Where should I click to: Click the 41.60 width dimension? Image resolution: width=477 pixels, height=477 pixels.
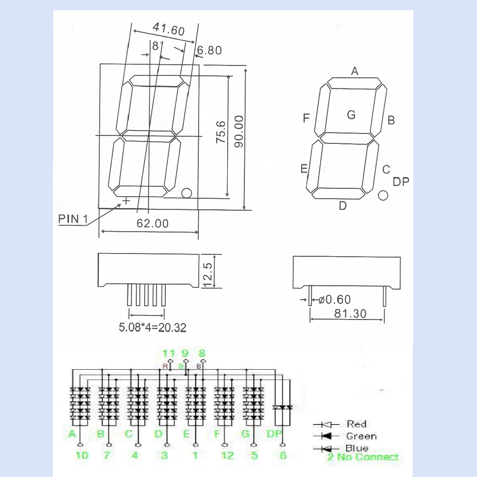coord(169,29)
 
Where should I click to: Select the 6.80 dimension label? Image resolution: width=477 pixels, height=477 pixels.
coord(209,50)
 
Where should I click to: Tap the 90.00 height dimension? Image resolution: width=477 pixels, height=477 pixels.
coord(238,132)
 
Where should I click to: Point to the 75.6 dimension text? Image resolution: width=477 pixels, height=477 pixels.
coord(221,132)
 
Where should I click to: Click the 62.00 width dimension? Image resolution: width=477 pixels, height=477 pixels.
coord(153,223)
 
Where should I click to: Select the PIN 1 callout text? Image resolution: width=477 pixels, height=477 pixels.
coord(73,219)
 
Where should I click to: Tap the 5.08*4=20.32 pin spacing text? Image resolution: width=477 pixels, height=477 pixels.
coord(153,328)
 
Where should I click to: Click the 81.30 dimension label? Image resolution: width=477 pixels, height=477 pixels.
coord(350,314)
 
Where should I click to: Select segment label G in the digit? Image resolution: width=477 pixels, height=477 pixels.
coord(351,115)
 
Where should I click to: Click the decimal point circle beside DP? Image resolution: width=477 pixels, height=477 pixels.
coord(383,195)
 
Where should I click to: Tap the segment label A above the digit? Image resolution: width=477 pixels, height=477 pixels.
coord(355,71)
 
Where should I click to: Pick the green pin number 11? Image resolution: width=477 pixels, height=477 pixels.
coord(169,353)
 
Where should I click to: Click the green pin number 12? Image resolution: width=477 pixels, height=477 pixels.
coord(227,455)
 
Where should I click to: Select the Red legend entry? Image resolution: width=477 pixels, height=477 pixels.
coord(356,424)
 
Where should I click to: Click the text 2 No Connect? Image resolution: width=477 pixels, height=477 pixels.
coord(363,457)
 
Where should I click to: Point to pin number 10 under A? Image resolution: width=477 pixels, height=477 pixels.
coord(81,455)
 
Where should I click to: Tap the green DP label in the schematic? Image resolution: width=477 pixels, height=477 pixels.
coord(274,434)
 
